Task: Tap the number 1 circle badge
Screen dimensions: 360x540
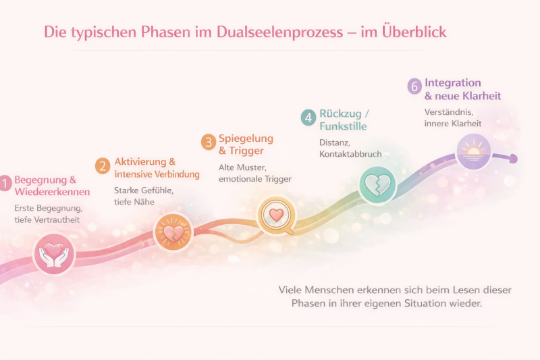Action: pos(5,182)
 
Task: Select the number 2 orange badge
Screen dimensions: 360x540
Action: pos(103,165)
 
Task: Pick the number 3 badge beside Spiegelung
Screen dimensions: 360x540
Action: pos(209,141)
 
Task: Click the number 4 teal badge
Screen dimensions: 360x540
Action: pos(308,117)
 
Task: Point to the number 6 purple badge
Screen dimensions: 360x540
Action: pos(414,86)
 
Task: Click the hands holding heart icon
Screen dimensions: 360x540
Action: pos(53,253)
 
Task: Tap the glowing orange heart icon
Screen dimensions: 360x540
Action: pos(173,232)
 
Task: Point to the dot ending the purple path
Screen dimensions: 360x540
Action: pos(513,159)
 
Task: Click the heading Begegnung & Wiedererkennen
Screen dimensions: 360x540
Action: pos(52,186)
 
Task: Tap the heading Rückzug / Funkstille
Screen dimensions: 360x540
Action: pos(344,119)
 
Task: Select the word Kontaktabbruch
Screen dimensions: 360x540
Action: pos(350,154)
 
